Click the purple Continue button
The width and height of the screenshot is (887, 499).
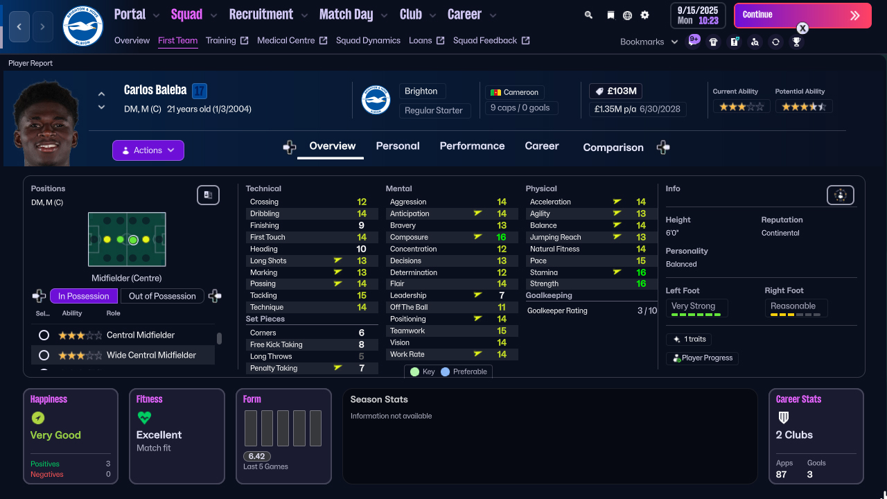(x=802, y=15)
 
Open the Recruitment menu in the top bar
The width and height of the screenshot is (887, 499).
(x=261, y=15)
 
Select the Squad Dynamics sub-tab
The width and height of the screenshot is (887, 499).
(x=368, y=40)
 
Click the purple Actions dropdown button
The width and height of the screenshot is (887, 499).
(x=148, y=150)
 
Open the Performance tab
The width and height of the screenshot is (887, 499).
(x=472, y=146)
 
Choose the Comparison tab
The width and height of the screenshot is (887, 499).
(x=613, y=147)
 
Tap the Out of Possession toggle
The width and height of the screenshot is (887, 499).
(x=162, y=296)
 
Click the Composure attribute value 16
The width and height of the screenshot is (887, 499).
(x=502, y=237)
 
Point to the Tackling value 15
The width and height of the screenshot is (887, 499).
(x=362, y=295)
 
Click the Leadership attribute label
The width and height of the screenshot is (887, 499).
(x=408, y=295)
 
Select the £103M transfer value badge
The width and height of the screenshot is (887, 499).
(x=616, y=91)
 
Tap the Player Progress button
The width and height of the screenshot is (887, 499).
(x=702, y=358)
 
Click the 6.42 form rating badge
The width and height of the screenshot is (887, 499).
(x=256, y=456)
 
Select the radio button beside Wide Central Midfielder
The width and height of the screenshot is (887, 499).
(x=44, y=355)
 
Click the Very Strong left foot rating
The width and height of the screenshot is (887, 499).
(x=693, y=306)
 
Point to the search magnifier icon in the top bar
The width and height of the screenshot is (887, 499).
(x=588, y=15)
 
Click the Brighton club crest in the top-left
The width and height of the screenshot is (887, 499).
(x=82, y=26)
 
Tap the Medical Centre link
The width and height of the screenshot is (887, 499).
(x=286, y=40)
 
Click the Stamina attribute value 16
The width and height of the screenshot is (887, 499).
(x=641, y=272)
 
